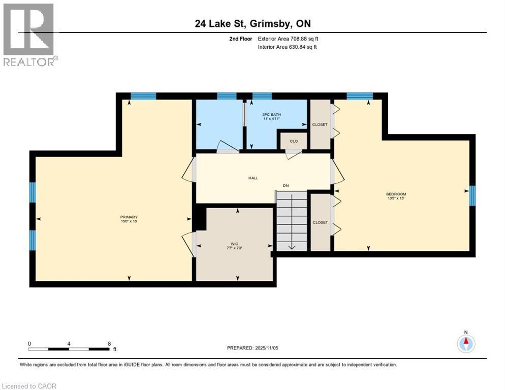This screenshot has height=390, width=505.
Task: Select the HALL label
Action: pyautogui.click(x=253, y=178)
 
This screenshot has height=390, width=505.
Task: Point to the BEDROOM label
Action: pyautogui.click(x=396, y=194)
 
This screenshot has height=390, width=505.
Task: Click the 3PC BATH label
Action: pyautogui.click(x=272, y=115)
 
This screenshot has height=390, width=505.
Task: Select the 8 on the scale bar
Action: pyautogui.click(x=109, y=343)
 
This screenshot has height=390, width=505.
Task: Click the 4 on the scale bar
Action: pyautogui.click(x=69, y=343)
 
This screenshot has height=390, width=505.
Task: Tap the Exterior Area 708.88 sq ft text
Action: pyautogui.click(x=288, y=39)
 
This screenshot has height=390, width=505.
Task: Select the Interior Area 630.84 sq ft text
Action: pyautogui.click(x=288, y=47)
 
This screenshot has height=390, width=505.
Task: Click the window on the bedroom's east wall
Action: pyautogui.click(x=472, y=196)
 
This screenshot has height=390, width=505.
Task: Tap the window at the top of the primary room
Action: pyautogui.click(x=143, y=95)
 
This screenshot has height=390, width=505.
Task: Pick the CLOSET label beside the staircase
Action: pyautogui.click(x=320, y=222)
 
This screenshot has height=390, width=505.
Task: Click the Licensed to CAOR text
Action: pyautogui.click(x=29, y=386)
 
